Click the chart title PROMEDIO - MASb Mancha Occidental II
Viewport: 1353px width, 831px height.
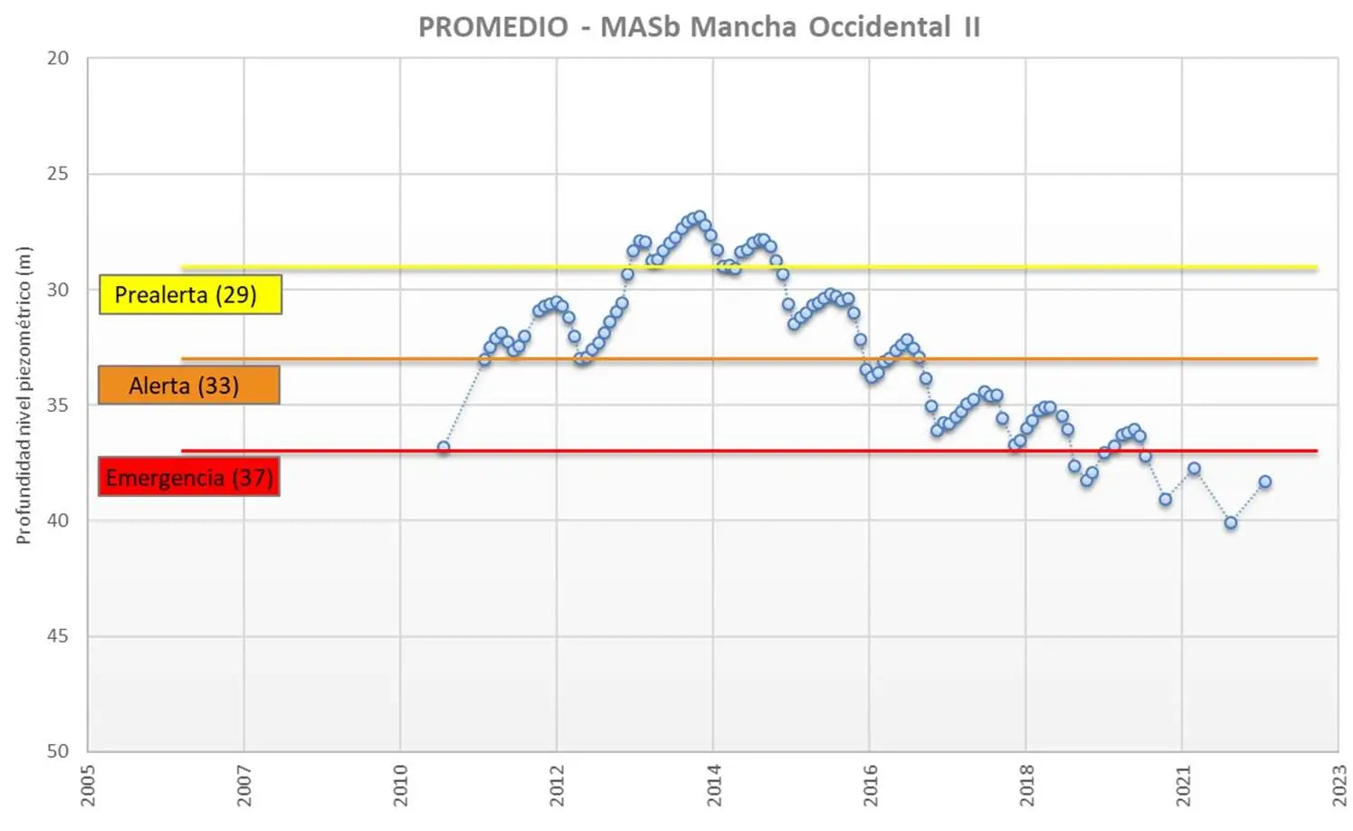(699, 27)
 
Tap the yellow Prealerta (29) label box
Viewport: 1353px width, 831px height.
(190, 294)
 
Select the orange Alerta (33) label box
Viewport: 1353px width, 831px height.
(188, 386)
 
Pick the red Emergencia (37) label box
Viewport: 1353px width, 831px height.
(188, 477)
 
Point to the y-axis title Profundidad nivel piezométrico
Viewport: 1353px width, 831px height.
(24, 396)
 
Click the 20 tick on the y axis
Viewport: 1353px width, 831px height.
(58, 58)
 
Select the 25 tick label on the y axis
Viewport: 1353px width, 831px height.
(58, 173)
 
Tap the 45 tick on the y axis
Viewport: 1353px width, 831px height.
(58, 635)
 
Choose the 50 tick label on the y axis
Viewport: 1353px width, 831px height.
(58, 750)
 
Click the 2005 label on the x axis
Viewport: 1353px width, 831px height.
(88, 785)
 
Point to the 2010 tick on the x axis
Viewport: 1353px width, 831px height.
(401, 785)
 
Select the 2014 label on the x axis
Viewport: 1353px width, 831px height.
(714, 785)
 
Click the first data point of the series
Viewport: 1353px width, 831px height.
(443, 447)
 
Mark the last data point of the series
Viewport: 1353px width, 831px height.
(1265, 482)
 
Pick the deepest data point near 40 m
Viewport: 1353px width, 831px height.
(1231, 522)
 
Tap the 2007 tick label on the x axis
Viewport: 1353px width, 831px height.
(244, 785)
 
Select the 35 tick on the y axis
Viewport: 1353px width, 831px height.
(58, 405)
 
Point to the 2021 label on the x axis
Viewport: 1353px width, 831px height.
(1183, 785)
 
